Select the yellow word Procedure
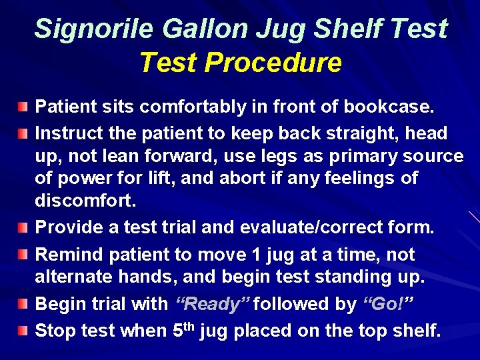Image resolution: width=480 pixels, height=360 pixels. click(273, 63)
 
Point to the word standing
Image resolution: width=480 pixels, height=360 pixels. click(341, 277)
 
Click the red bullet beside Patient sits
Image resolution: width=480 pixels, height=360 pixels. click(24, 107)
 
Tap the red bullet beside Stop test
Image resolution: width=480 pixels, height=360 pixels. click(24, 331)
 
